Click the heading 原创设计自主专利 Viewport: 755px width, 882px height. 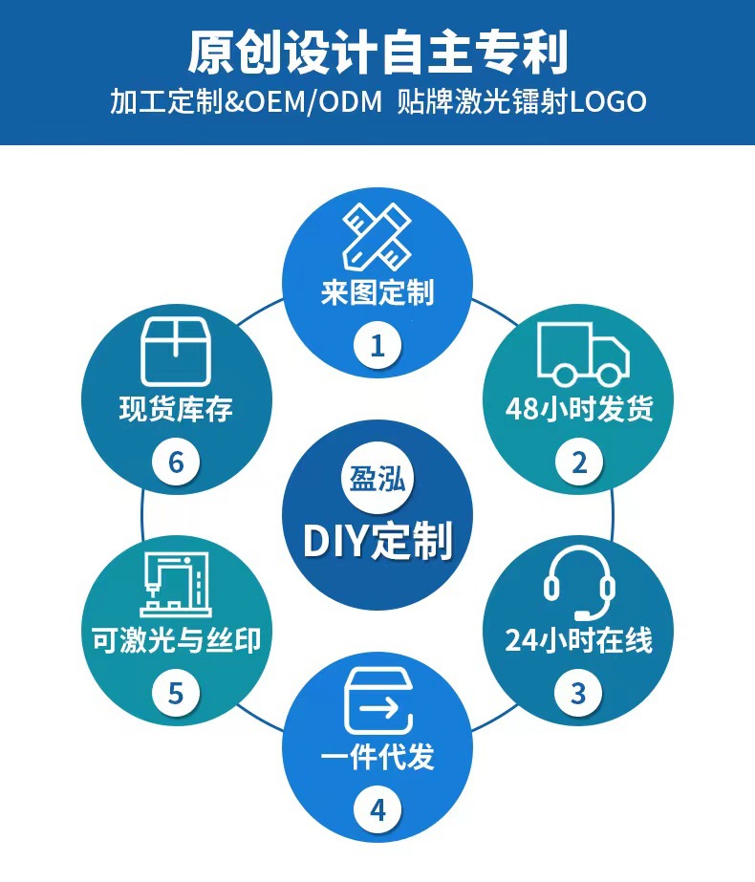[x=377, y=52]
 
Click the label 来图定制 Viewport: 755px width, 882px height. [x=377, y=292]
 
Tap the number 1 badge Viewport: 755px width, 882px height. [x=377, y=345]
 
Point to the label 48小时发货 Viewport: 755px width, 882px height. [x=579, y=409]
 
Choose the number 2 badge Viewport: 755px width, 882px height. [x=579, y=463]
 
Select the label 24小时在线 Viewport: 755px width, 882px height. [x=578, y=639]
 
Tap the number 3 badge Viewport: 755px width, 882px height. [x=578, y=693]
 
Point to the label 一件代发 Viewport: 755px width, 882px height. [x=377, y=757]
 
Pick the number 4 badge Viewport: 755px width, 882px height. [x=377, y=810]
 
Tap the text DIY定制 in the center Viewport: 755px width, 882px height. [x=377, y=541]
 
